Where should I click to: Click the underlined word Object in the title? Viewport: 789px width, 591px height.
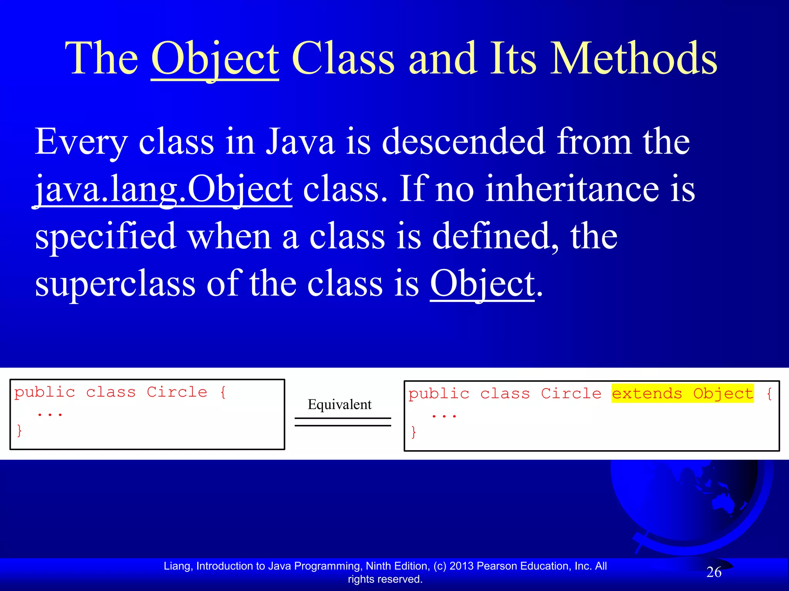point(215,60)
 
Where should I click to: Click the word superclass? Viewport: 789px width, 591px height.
point(115,284)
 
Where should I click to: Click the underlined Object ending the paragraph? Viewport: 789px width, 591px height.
point(482,284)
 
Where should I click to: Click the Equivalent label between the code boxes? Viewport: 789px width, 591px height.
point(339,404)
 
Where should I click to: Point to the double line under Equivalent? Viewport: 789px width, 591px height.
point(342,422)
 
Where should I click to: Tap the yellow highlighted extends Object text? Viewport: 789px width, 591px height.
point(682,393)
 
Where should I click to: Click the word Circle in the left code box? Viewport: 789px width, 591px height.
point(177,392)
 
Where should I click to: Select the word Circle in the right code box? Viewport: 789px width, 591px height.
point(571,394)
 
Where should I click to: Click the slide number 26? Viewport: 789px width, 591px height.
point(713,572)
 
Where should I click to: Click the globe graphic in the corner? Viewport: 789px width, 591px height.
point(690,500)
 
